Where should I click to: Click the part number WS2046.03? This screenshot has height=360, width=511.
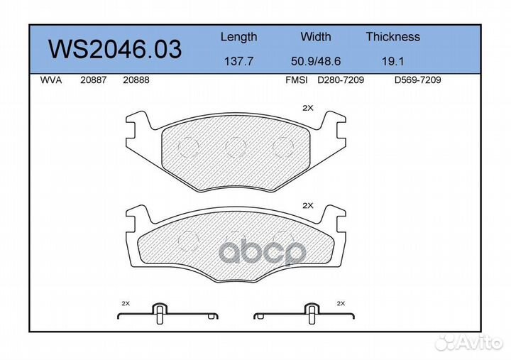click(115, 49)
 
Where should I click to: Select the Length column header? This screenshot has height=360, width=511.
click(239, 37)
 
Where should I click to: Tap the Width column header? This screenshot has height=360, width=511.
click(315, 36)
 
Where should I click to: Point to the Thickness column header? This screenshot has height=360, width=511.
click(392, 36)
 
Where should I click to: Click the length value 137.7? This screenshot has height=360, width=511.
click(239, 61)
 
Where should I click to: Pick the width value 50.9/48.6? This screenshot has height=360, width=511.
click(315, 61)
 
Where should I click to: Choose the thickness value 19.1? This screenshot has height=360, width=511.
click(392, 61)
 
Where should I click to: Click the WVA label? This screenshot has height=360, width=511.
click(51, 80)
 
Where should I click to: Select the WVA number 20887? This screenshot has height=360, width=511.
click(93, 80)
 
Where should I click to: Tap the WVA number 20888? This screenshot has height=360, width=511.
click(136, 80)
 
